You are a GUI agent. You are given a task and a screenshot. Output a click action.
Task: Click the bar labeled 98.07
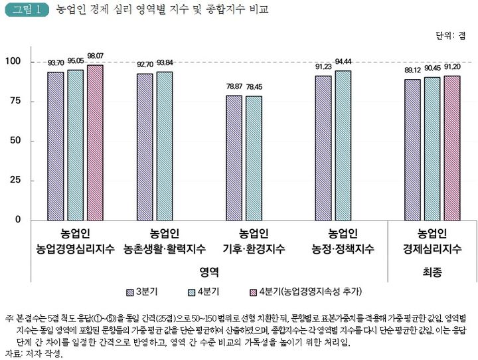96,142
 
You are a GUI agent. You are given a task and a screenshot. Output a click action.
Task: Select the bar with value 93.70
55,145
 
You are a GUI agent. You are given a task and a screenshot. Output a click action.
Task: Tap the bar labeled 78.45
254,158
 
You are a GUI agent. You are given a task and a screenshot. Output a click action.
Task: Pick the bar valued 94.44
343,145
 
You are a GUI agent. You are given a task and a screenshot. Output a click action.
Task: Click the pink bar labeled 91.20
451,147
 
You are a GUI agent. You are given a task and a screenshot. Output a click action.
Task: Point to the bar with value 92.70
145,146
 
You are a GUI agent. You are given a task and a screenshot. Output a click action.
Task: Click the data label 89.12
412,69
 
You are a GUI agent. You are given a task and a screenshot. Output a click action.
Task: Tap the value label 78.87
234,86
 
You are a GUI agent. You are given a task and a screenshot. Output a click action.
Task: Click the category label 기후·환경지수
254,250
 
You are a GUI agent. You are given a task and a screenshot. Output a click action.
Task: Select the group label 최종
432,272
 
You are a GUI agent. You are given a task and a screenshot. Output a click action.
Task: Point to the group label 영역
208,272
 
